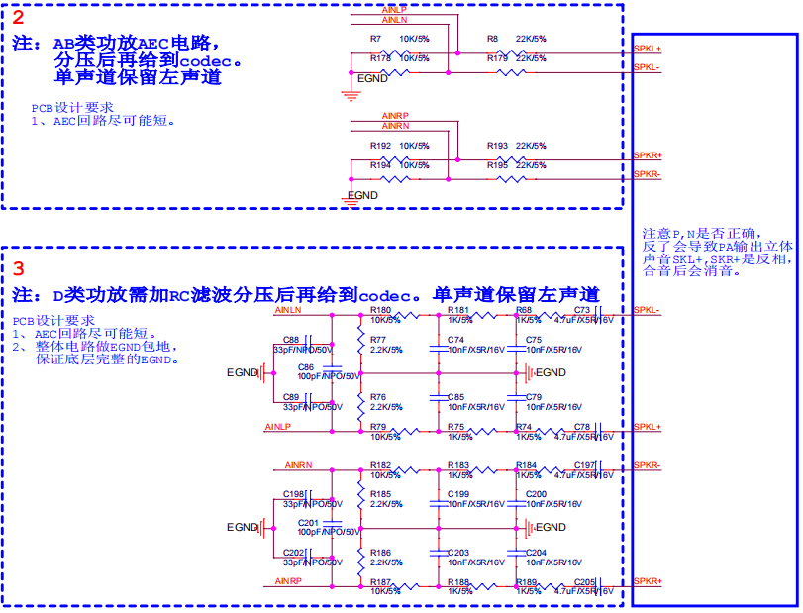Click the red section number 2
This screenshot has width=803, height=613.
click(18, 17)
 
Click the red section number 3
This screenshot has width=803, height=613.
click(18, 268)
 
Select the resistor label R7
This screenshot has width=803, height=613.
click(375, 39)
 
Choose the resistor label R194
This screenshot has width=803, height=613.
click(380, 164)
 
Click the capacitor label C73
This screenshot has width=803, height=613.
click(581, 310)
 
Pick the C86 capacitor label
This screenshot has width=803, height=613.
click(306, 367)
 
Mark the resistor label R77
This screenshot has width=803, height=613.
click(378, 340)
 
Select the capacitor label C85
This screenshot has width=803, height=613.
click(456, 396)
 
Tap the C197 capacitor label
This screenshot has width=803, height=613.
click(584, 464)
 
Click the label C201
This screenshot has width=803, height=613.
click(308, 522)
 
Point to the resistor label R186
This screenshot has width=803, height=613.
click(380, 552)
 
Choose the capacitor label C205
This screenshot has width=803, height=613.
click(584, 581)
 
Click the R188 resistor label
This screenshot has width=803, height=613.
click(458, 581)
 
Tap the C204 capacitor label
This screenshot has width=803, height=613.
click(536, 552)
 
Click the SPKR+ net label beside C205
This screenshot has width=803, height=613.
click(648, 580)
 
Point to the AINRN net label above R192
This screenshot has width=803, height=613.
click(395, 126)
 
